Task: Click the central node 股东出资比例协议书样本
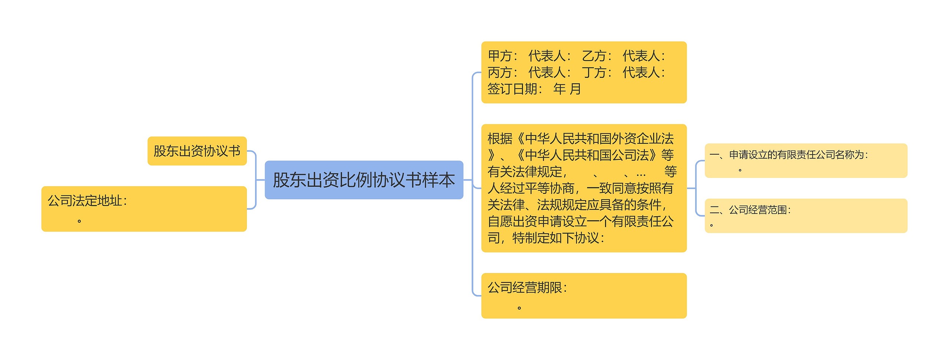tap(364, 180)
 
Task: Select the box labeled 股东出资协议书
tap(197, 151)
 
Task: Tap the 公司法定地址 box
tap(144, 209)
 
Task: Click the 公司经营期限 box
tap(583, 295)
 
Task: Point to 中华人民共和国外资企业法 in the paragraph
tap(599, 139)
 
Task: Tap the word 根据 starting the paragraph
tap(500, 139)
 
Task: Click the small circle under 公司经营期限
tap(519, 308)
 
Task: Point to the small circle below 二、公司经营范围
tap(711, 225)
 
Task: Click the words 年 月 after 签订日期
tap(567, 89)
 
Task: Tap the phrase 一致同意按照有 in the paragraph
tap(630, 188)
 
